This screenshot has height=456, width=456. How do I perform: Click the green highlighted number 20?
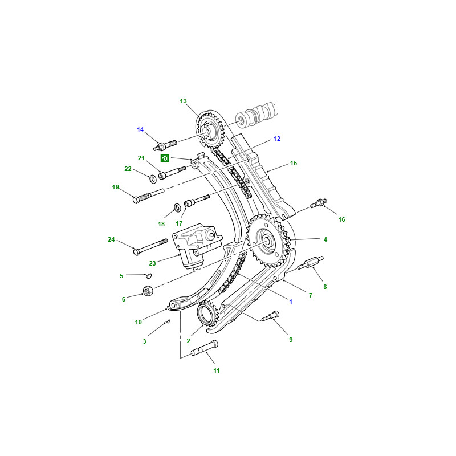pos(165,158)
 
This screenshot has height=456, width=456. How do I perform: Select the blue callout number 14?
pos(140,129)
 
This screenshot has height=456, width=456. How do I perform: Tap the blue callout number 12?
pos(276,139)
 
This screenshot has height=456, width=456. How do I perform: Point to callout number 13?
pos(183,101)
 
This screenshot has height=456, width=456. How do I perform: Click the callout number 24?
pos(111,239)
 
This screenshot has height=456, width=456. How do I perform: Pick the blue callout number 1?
pos(291,302)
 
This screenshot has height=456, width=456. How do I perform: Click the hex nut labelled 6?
pos(148,291)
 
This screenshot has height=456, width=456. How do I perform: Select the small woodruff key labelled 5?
pos(149,275)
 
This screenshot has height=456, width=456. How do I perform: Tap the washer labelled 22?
pos(153,179)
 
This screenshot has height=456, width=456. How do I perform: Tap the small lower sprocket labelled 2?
pos(206,314)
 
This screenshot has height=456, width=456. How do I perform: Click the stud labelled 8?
pos(310,262)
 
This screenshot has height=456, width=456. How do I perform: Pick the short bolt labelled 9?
pos(270,316)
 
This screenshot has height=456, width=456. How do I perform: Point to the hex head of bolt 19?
pos(136,199)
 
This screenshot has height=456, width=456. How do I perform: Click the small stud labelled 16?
pos(319,203)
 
